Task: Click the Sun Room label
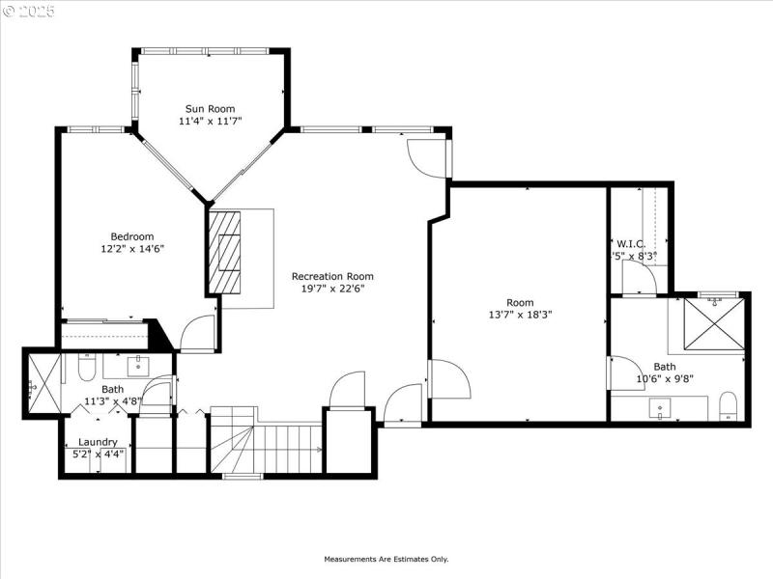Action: point(210,109)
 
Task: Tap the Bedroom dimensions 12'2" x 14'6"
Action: point(131,249)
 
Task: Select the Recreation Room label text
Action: point(332,276)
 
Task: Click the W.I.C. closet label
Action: point(631,243)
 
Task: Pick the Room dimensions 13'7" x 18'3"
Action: point(520,315)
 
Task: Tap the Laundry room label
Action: point(98,442)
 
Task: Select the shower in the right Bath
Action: point(714,324)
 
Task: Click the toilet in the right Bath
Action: point(729,406)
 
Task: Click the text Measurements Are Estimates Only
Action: point(386,559)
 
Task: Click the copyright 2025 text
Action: point(29,12)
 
